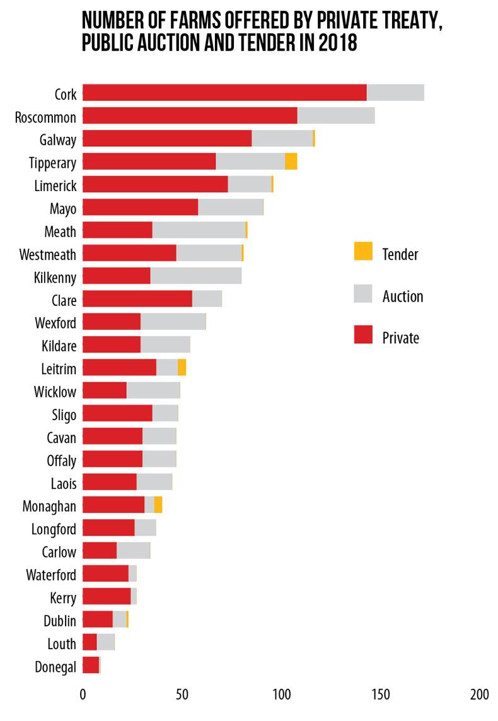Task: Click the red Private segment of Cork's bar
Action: tap(224, 93)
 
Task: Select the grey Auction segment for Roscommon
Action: tap(335, 116)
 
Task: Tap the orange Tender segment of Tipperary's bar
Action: tap(291, 161)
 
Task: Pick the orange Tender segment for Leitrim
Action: tap(182, 368)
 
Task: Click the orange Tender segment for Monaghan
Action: tap(158, 505)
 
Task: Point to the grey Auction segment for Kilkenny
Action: tap(195, 276)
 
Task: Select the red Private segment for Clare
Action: tap(137, 299)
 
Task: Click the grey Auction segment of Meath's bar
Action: tap(199, 230)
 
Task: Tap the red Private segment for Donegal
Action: tap(91, 665)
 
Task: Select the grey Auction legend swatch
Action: tap(363, 293)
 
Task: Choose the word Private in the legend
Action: tap(400, 337)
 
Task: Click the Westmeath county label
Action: tap(48, 254)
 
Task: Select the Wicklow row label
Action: tap(55, 392)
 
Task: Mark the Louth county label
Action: tap(62, 643)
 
